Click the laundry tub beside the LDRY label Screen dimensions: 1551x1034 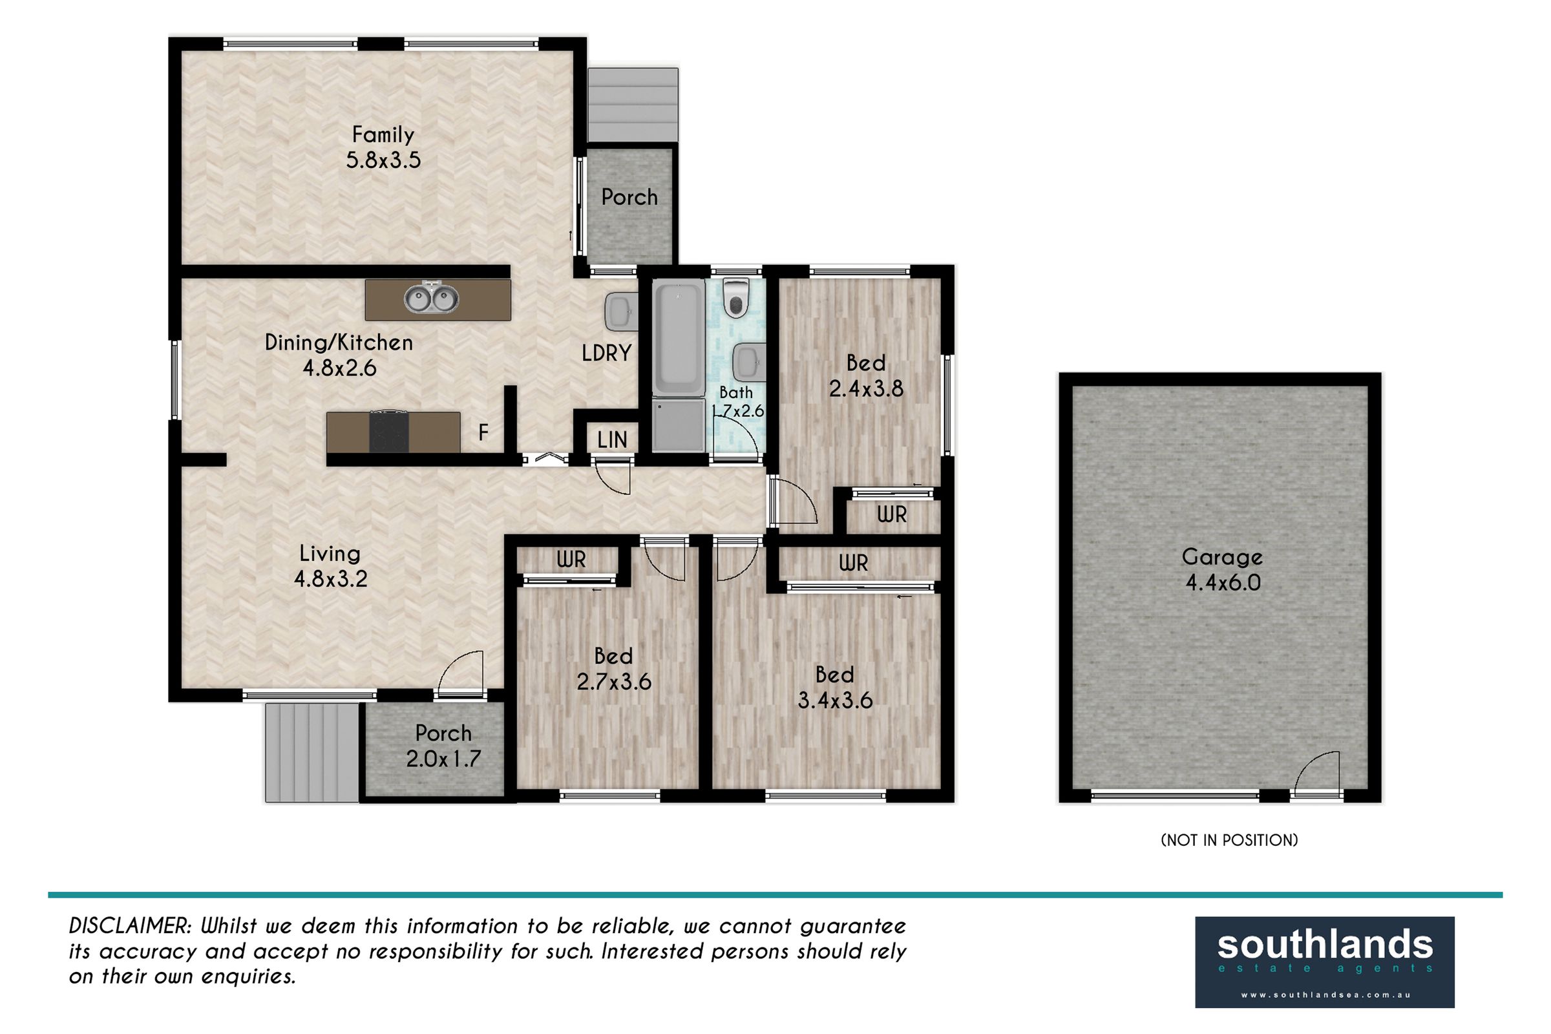pyautogui.click(x=620, y=312)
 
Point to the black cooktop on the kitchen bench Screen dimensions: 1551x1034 pyautogui.click(x=389, y=432)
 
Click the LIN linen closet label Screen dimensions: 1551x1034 pyautogui.click(x=612, y=440)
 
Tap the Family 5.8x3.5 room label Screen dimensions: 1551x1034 pyautogui.click(x=383, y=147)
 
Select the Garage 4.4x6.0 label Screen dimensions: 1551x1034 pyautogui.click(x=1222, y=570)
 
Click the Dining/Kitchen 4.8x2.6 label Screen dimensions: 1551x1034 pyautogui.click(x=339, y=355)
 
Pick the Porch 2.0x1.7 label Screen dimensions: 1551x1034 pyautogui.click(x=443, y=746)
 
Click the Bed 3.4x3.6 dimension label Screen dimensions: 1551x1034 pyautogui.click(x=835, y=687)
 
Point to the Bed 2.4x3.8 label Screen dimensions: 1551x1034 pyautogui.click(x=866, y=376)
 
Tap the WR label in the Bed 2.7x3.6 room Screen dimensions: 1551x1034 pyautogui.click(x=571, y=560)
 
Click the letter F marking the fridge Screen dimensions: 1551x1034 pyautogui.click(x=483, y=432)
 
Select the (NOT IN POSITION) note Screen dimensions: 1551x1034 pyautogui.click(x=1229, y=840)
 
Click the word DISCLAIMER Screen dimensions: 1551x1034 pyautogui.click(x=130, y=926)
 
